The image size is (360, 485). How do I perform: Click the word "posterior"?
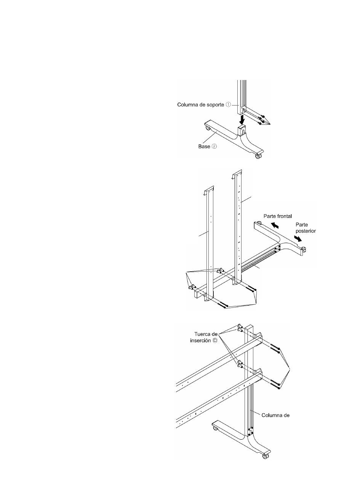coord(306,231)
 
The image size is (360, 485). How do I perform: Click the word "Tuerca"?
coord(201,334)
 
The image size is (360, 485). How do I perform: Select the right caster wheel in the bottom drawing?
coord(266,456)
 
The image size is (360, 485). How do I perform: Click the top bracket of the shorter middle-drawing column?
coord(209,190)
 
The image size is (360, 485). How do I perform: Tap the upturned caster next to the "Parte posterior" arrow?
coord(304,249)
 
